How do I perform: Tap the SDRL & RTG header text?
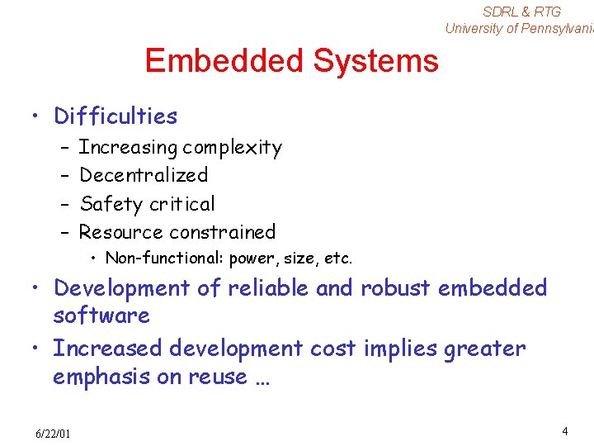pos(521,12)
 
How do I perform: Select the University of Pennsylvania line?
pos(519,28)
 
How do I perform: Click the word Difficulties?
pos(115,116)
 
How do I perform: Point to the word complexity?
pos(232,149)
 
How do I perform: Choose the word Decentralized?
pos(144,175)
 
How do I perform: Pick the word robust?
pos(395,287)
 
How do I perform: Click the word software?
pos(101,316)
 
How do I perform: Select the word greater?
pos(484,349)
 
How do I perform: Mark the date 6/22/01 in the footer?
pos(53,434)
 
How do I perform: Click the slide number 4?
pos(564,431)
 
